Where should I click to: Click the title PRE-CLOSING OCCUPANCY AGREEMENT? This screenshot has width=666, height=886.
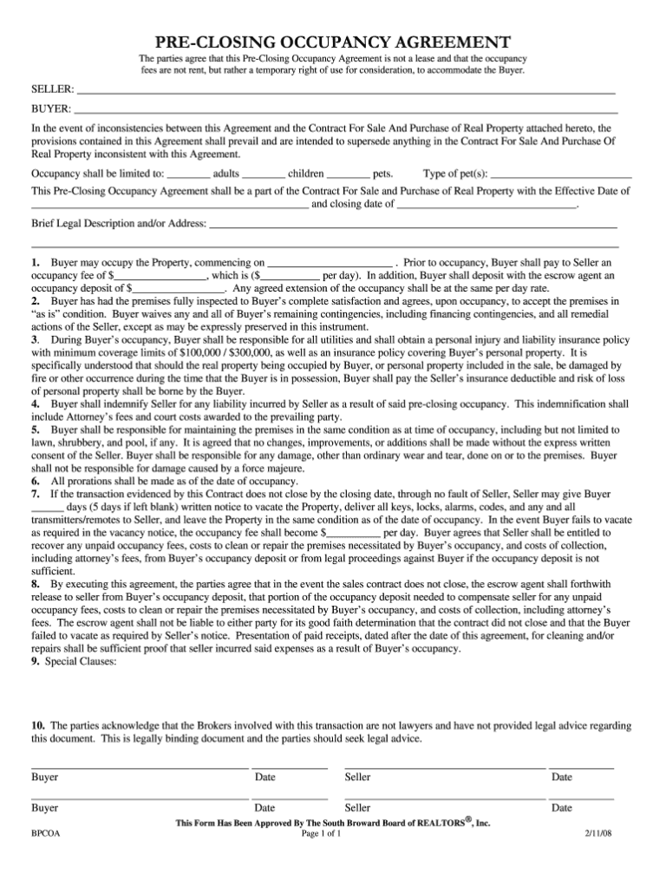[x=332, y=42]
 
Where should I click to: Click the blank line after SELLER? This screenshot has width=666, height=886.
[x=347, y=90]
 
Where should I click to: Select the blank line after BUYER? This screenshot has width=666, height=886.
[x=347, y=111]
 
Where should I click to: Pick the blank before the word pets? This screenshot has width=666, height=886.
[x=349, y=174]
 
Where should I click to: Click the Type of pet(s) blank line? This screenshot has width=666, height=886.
[x=561, y=174]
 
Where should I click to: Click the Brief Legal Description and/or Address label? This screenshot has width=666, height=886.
[x=119, y=224]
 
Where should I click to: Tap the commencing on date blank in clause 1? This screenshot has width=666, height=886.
[x=330, y=263]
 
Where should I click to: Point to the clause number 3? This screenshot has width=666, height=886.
[x=35, y=341]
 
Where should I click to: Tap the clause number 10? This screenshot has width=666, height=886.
[x=37, y=725]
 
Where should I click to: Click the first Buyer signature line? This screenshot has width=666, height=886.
[x=140, y=767]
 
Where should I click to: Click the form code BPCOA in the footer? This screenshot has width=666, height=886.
[x=45, y=835]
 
